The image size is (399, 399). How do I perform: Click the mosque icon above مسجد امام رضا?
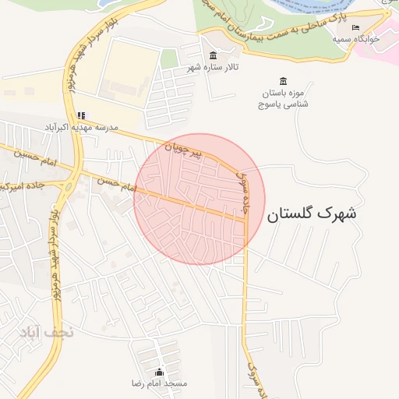[x=160, y=372]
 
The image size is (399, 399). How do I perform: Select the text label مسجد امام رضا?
[x=160, y=384]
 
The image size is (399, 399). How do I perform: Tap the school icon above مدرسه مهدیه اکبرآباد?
[x=81, y=115]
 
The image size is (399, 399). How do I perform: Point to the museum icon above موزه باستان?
[x=282, y=81]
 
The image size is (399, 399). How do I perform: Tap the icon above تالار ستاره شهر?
[x=214, y=55]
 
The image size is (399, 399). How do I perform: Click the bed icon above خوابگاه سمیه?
[x=356, y=27]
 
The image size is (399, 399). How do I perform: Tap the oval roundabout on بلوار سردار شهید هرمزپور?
[x=69, y=186]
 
